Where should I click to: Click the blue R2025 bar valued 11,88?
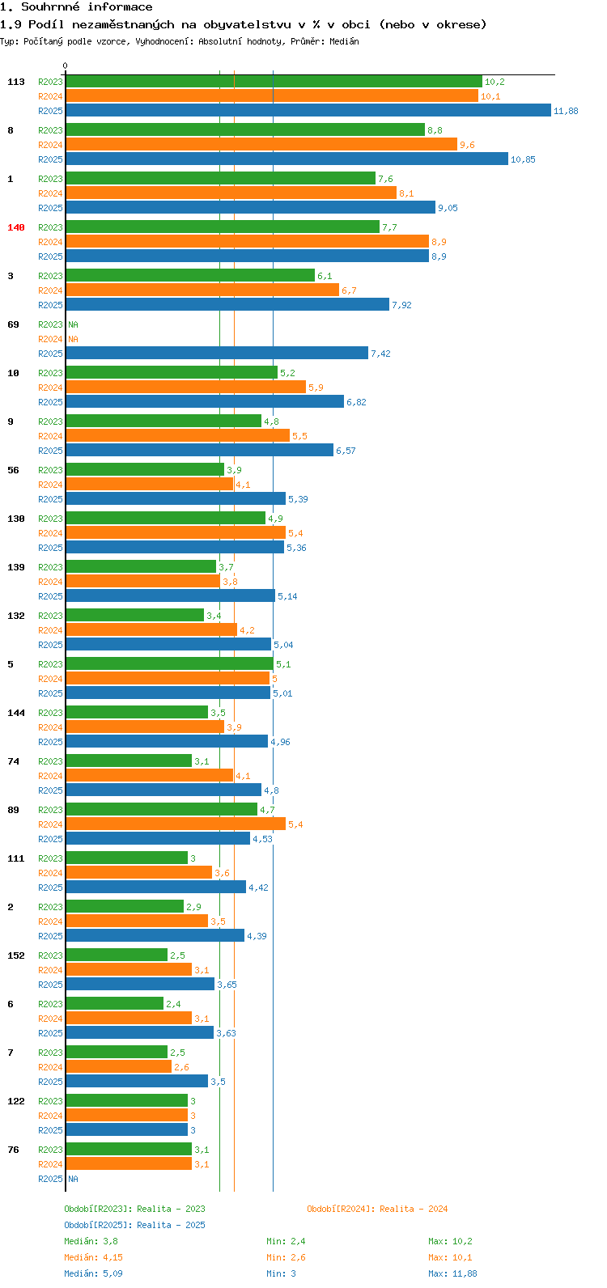(308, 111)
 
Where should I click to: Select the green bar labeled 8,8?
(244, 129)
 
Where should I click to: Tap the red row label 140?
(16, 227)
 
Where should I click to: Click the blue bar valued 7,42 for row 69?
(216, 354)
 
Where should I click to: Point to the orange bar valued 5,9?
(185, 388)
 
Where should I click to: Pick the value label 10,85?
(523, 159)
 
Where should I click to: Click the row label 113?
(16, 82)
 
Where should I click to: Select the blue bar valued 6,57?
(199, 451)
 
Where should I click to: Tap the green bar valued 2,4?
(114, 1004)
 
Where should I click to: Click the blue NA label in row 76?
(73, 1179)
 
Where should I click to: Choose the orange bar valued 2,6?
(118, 1067)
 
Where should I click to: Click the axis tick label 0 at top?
(66, 66)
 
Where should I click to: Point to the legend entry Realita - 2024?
(377, 1209)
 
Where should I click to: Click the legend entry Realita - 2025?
(134, 1225)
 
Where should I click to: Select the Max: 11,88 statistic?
(452, 1273)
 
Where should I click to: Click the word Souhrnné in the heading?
(52, 7)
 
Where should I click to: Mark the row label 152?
(16, 955)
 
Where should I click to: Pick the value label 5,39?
(298, 499)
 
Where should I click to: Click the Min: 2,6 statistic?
(286, 1257)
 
